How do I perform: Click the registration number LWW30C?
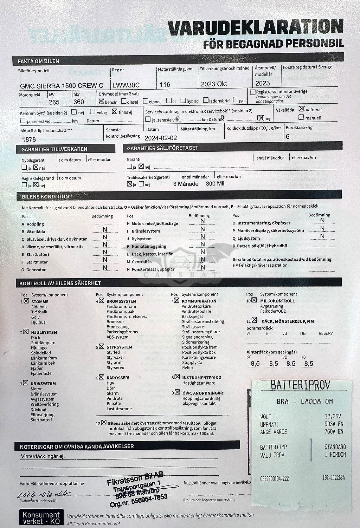click(x=126, y=85)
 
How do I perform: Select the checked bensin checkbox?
click(x=102, y=101)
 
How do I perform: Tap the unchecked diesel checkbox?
click(x=124, y=101)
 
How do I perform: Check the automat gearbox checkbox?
click(x=301, y=109)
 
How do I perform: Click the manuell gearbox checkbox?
click(x=301, y=117)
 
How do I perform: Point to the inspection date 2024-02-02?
click(x=161, y=138)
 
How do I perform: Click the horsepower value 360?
click(x=79, y=102)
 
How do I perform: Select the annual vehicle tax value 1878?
click(x=29, y=139)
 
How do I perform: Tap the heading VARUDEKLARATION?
click(x=255, y=27)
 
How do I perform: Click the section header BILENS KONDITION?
click(x=45, y=197)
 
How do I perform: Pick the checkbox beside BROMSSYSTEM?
click(x=102, y=301)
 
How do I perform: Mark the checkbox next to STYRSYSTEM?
click(x=102, y=347)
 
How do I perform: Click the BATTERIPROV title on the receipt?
click(x=300, y=386)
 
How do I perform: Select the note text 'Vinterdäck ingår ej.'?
click(x=43, y=457)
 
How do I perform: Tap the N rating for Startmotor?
click(x=105, y=260)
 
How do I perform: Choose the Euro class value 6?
click(x=288, y=137)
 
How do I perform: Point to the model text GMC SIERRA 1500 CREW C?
click(x=62, y=85)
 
